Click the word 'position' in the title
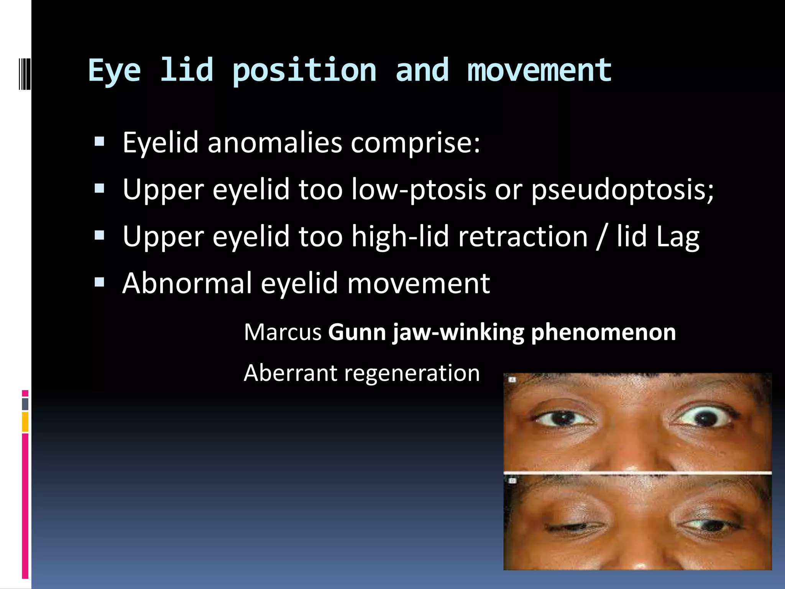(305, 71)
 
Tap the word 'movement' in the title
(539, 71)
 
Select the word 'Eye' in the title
(115, 71)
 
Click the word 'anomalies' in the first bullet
(274, 143)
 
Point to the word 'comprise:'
(415, 143)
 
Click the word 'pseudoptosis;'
(622, 190)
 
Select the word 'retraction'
(523, 237)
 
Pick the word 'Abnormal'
(187, 283)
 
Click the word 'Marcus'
(282, 332)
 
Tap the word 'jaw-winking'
(458, 333)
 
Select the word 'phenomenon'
(603, 333)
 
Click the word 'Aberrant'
(290, 373)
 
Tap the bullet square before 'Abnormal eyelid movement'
(99, 283)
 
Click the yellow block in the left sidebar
(25, 422)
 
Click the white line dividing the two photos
(637, 473)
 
